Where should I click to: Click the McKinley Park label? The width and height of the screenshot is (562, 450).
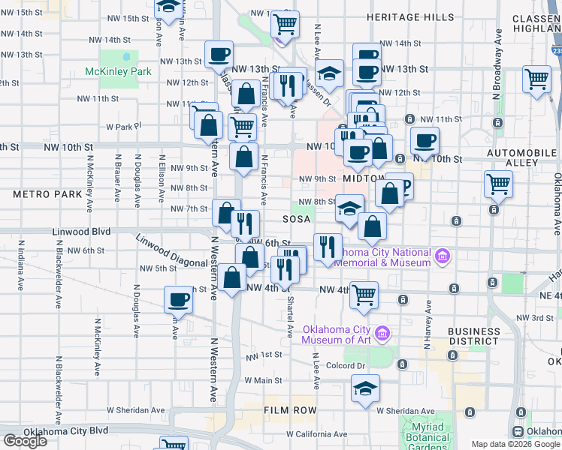(x=118, y=72)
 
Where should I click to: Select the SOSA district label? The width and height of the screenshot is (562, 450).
(x=297, y=220)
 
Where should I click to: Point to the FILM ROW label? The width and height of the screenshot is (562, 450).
(x=290, y=411)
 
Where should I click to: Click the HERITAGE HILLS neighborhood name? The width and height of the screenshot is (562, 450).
(x=410, y=17)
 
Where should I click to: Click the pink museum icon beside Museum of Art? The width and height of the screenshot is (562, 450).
(x=382, y=332)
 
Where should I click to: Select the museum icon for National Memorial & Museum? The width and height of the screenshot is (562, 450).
(x=443, y=257)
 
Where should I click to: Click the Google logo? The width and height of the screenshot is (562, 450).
(x=26, y=441)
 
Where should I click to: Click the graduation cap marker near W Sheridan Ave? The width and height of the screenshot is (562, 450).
(x=365, y=388)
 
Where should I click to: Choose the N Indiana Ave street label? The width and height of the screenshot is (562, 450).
(x=21, y=269)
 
